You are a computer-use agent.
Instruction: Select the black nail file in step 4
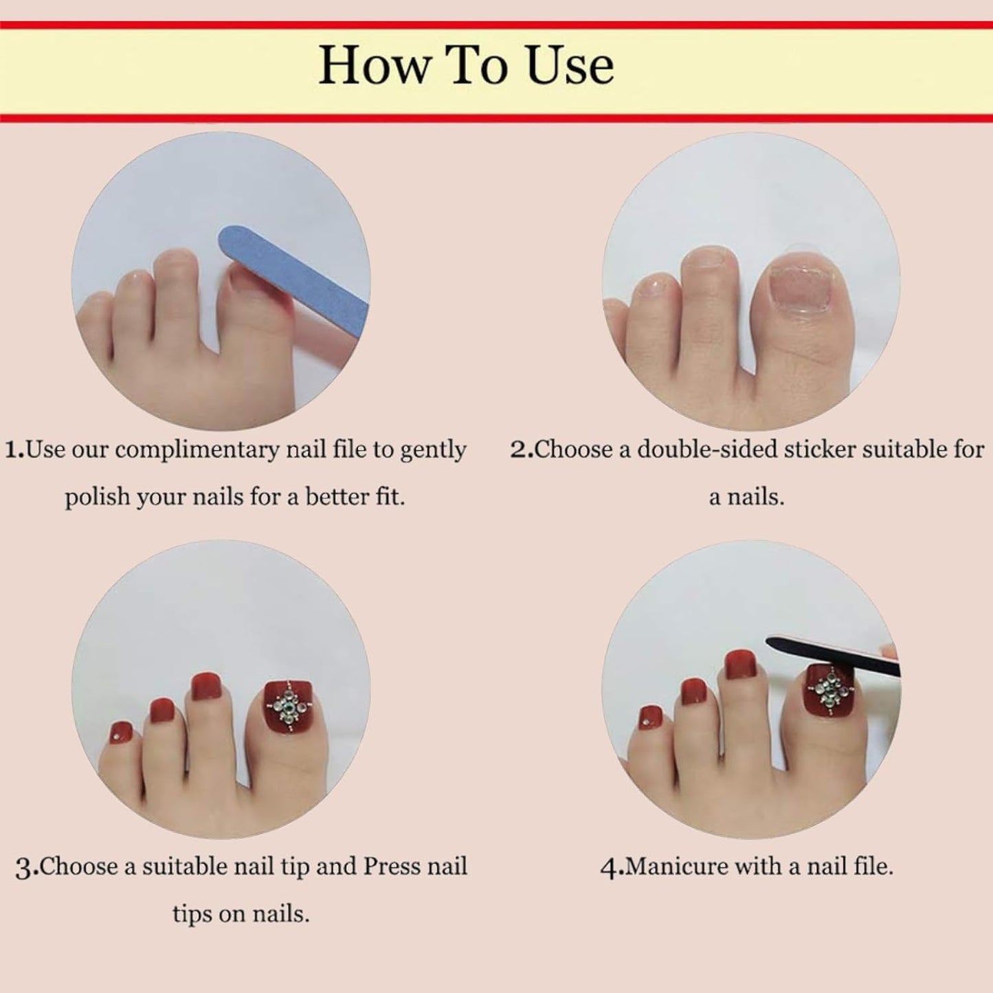832,656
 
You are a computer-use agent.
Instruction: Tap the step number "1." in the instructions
14,450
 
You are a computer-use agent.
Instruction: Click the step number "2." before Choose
522,450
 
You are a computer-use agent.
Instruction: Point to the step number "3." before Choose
27,867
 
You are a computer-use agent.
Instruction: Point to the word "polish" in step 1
97,497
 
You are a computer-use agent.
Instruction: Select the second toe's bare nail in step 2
706,263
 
